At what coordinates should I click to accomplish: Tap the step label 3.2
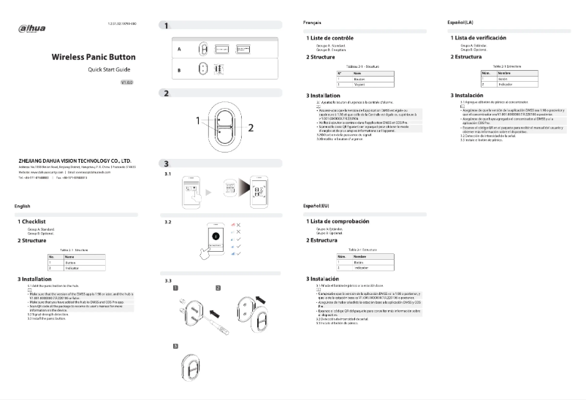168,221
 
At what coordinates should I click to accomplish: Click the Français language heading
312,24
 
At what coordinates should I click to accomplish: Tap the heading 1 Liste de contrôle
335,37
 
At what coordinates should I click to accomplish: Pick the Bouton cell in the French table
359,79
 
